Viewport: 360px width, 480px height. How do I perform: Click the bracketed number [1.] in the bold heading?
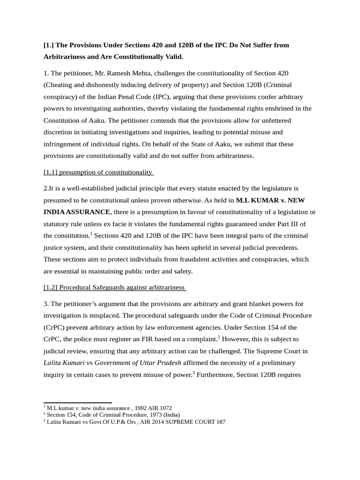[x=49, y=45]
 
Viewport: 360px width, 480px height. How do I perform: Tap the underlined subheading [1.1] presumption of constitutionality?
[x=98, y=172]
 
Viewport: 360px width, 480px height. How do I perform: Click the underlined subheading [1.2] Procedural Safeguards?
[x=114, y=287]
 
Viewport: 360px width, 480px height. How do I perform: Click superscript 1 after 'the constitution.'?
[x=91, y=233]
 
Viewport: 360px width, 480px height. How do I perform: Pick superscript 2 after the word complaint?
[x=219, y=336]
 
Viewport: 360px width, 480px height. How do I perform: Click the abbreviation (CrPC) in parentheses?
[x=55, y=327]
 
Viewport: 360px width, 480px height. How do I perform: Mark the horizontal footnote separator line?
[x=77, y=402]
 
